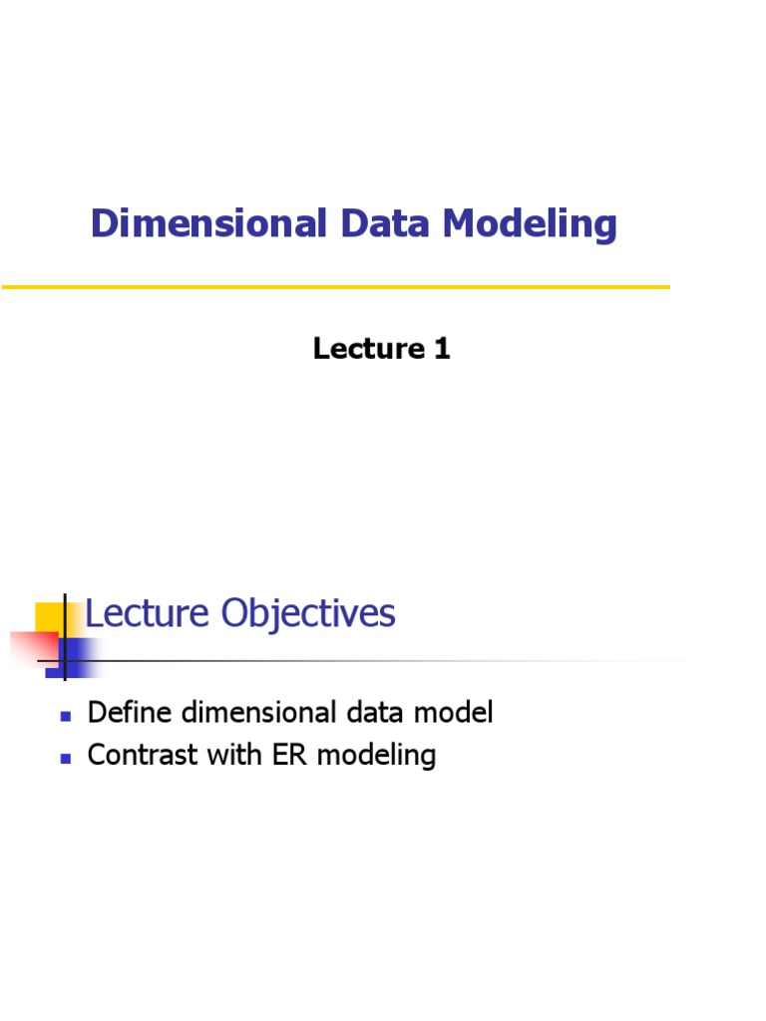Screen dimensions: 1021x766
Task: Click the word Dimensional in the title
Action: click(208, 223)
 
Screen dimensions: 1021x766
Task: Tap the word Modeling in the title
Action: click(530, 225)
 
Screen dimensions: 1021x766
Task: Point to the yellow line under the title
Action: click(335, 287)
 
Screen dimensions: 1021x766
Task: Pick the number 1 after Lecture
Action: click(441, 348)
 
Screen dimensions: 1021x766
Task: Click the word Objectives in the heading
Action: click(308, 614)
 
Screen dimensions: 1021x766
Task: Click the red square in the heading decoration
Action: click(34, 647)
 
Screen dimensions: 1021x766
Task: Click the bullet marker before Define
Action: click(66, 716)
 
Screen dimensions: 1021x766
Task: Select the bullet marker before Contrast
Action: click(66, 758)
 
